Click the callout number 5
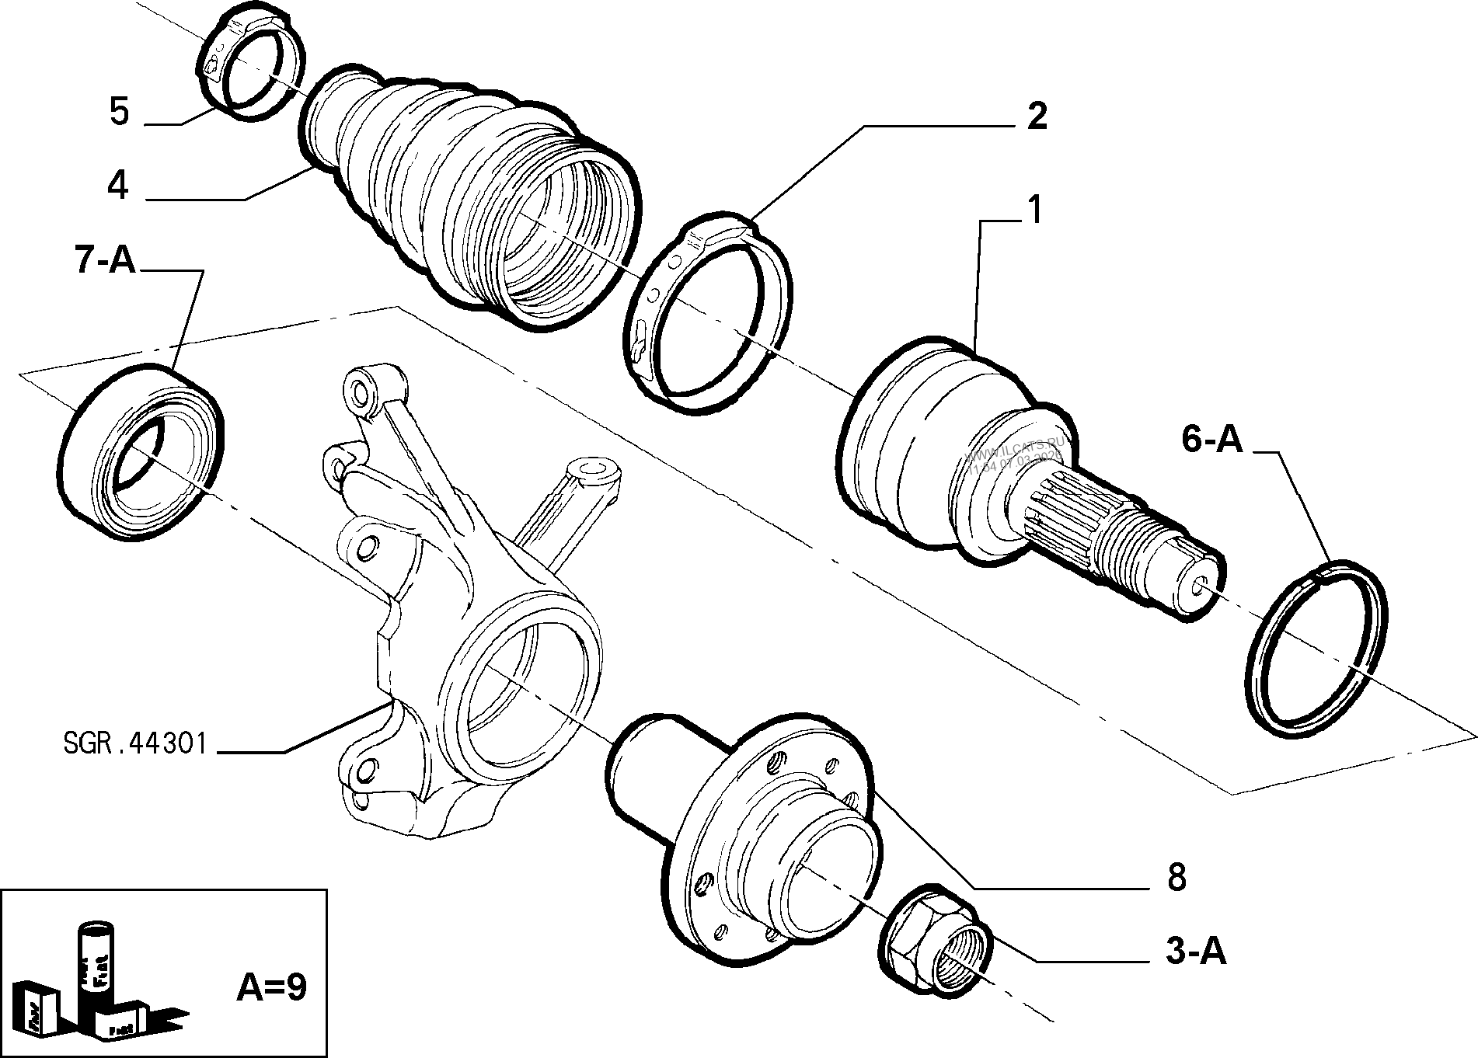pos(119,111)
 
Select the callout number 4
pos(117,186)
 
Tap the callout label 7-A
pos(105,261)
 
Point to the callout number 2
pos(1037,117)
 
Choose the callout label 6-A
pos(1212,440)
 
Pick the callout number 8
pos(1176,878)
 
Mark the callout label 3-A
pos(1195,952)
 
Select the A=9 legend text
pos(271,987)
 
